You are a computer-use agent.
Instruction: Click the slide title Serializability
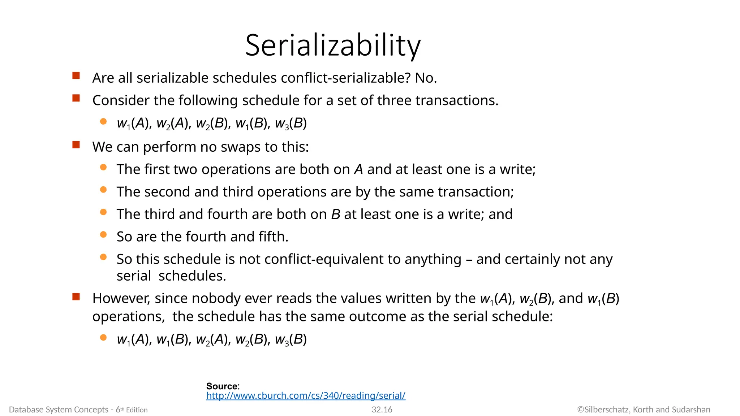(333, 45)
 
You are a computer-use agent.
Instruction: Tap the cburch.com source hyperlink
(306, 396)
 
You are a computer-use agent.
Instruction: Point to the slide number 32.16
(382, 409)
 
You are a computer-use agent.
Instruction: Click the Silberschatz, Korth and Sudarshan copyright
(644, 409)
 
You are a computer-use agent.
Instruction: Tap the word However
(121, 299)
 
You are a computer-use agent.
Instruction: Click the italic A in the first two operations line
(358, 170)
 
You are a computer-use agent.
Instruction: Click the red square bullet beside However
(76, 297)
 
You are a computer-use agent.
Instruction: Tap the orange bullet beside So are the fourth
(103, 235)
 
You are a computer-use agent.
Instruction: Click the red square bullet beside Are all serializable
(76, 76)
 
